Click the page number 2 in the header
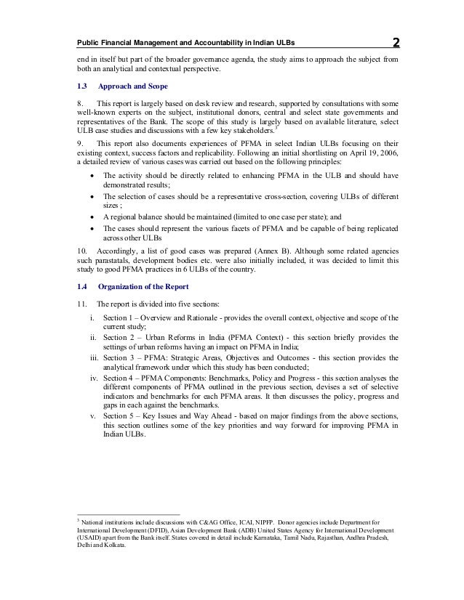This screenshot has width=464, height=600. coord(394,41)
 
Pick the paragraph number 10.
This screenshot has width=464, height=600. coord(72,248)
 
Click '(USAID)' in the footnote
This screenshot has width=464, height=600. coord(79,540)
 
